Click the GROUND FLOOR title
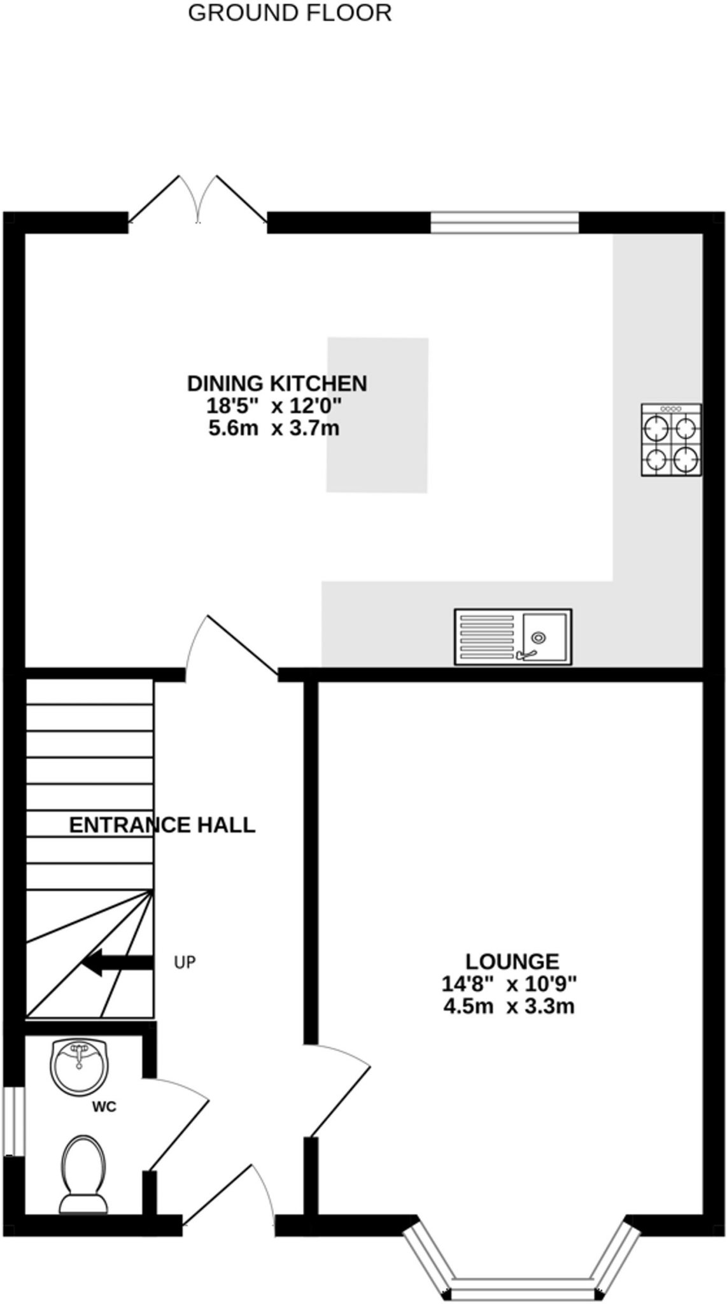point(290,13)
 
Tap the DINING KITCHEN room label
point(277,383)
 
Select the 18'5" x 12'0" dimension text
point(274,406)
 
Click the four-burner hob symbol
point(671,439)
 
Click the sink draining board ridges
point(487,637)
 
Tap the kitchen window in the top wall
point(504,223)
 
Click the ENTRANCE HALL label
point(162,825)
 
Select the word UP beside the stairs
point(185,963)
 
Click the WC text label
point(104,1107)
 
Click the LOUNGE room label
point(512,961)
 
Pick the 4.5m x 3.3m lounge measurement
point(509,1007)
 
